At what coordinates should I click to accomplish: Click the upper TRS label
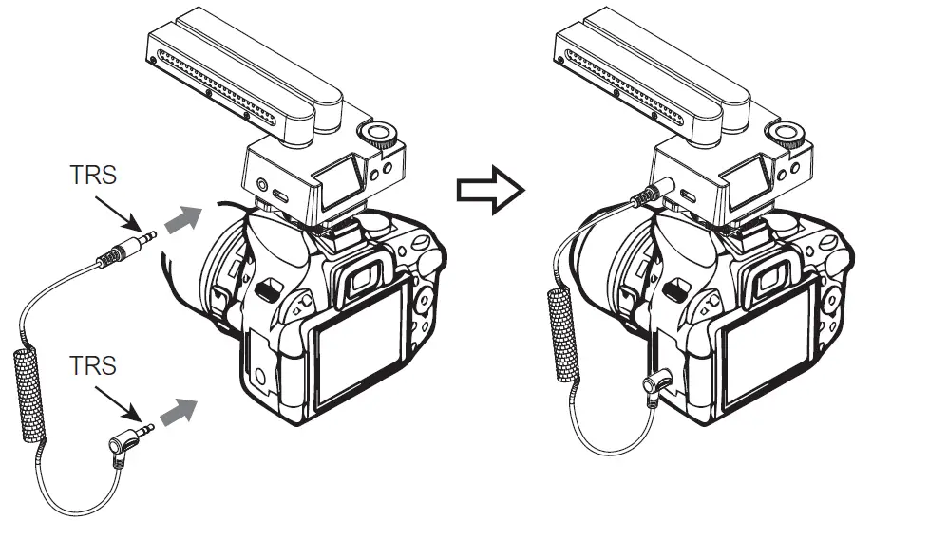[x=93, y=176]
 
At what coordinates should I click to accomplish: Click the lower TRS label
[x=93, y=365]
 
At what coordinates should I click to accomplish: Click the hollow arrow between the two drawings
[x=490, y=190]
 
